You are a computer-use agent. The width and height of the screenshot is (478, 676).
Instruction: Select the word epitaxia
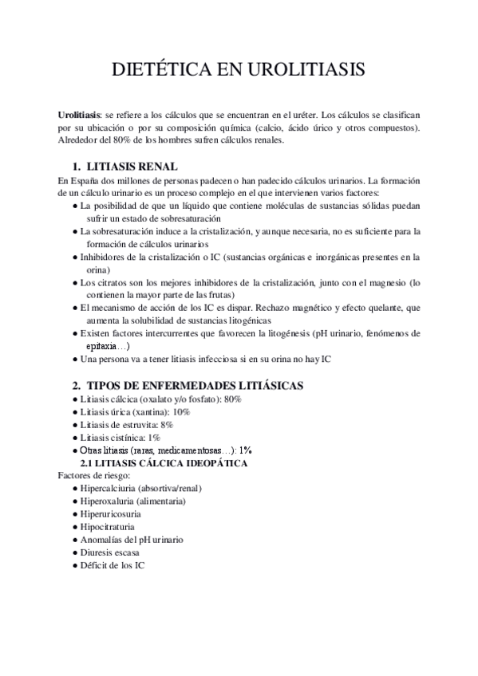tap(103, 346)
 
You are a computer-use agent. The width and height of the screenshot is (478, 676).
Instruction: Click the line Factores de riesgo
tap(89, 475)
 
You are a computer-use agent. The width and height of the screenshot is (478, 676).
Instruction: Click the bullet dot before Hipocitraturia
tap(74, 527)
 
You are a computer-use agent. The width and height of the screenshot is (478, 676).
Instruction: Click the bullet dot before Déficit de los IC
tap(74, 565)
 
